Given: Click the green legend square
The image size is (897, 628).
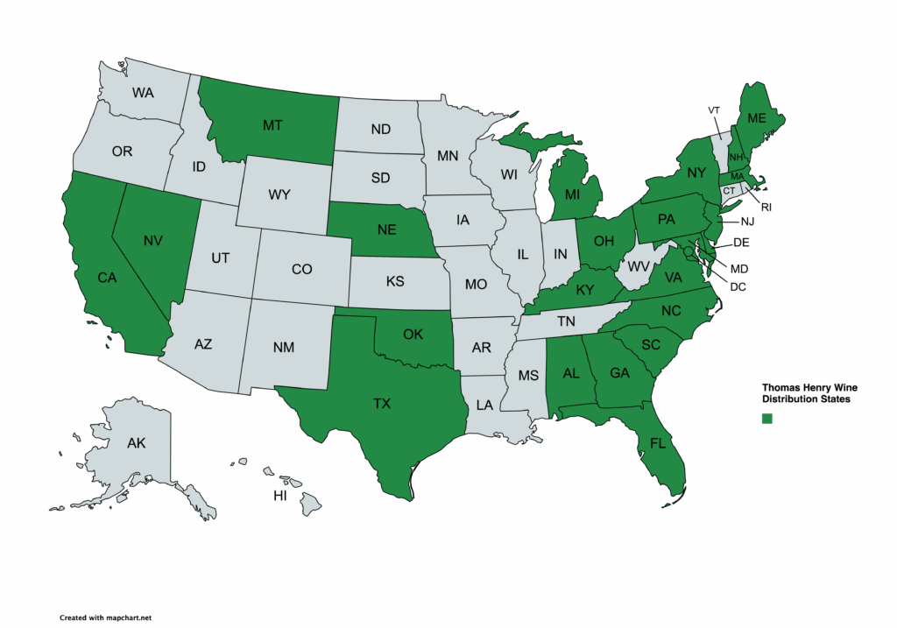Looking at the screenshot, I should (767, 419).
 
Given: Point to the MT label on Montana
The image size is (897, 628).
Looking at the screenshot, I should (272, 126).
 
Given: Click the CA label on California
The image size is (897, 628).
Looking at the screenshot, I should (107, 278).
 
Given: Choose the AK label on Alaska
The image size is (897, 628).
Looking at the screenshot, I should (136, 443).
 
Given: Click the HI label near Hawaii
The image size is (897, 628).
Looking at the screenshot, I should (280, 496).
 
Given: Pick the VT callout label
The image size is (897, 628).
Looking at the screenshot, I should (714, 109).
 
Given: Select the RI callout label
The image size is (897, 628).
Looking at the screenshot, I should (766, 208).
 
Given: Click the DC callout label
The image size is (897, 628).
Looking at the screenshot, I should (738, 286).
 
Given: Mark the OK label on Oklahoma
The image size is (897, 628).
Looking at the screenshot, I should (413, 334).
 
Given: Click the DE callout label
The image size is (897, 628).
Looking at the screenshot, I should (740, 243).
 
